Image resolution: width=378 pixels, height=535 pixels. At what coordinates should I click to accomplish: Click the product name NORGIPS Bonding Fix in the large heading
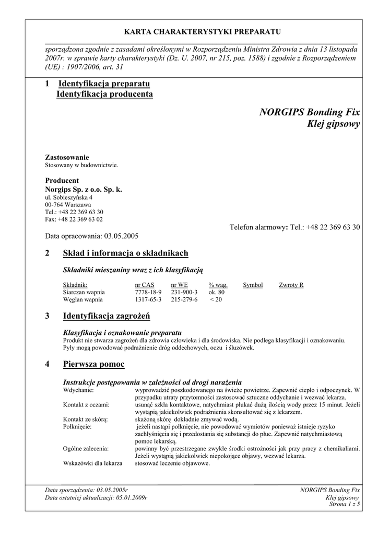click(x=309, y=112)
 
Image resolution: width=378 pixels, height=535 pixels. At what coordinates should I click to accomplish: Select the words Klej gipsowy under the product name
click(x=333, y=124)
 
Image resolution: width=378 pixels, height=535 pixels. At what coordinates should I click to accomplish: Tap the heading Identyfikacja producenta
click(x=104, y=94)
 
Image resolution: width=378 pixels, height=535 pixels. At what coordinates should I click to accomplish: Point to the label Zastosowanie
click(x=67, y=157)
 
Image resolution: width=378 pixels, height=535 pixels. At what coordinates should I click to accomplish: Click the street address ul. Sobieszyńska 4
click(x=68, y=198)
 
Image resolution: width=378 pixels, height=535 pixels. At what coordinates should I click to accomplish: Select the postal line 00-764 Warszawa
click(x=68, y=205)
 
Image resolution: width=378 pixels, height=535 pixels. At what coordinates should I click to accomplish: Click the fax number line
click(x=74, y=219)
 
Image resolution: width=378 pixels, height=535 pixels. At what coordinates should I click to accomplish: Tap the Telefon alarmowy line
click(x=294, y=227)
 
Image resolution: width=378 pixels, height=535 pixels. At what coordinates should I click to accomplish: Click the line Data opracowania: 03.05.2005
click(x=91, y=236)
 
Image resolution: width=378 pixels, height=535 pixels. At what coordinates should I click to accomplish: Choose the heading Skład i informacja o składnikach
click(x=125, y=253)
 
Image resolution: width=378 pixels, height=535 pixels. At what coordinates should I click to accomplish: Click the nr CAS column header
click(x=144, y=285)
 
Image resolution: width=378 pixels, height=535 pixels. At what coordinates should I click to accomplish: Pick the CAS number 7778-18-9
click(x=148, y=292)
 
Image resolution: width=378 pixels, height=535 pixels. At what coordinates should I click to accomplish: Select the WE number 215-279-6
click(x=184, y=299)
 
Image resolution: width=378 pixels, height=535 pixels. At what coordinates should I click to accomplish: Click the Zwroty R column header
click(x=291, y=285)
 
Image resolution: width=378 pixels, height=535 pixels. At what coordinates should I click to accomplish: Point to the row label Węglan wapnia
click(x=83, y=299)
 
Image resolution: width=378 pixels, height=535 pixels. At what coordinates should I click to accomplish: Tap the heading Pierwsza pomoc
click(x=93, y=364)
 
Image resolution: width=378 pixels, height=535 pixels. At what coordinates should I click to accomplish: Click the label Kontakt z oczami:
click(x=86, y=405)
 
